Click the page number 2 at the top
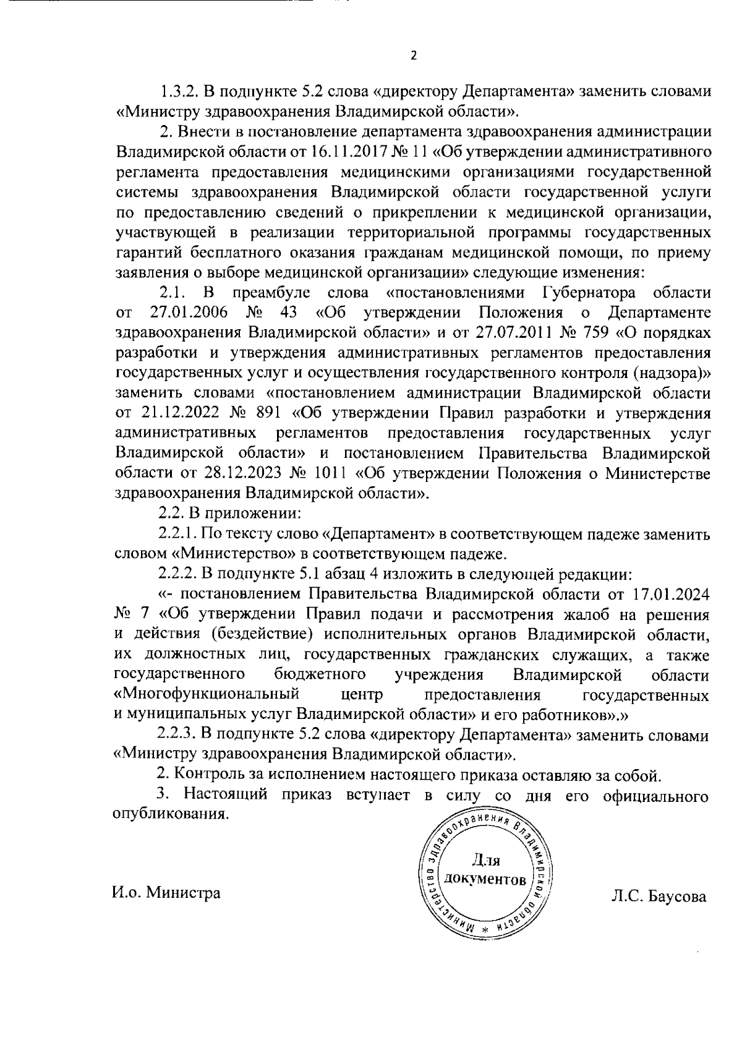[x=414, y=56]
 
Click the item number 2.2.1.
[x=177, y=534]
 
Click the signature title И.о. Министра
[x=166, y=893]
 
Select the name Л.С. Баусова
[x=658, y=896]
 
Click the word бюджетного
[x=318, y=673]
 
